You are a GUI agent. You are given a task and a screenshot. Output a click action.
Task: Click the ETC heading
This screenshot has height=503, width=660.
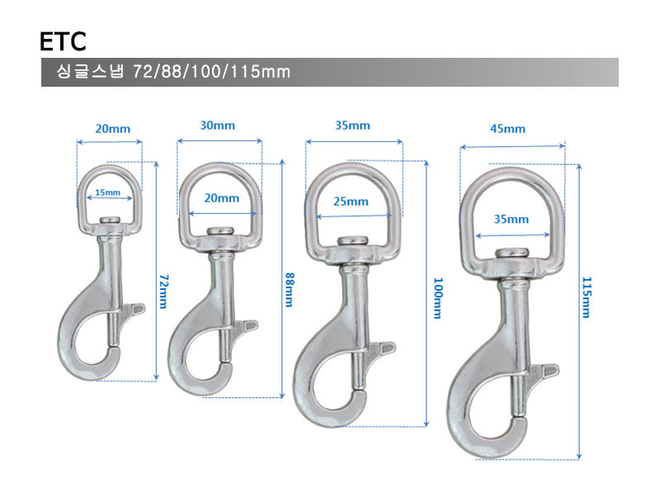click(63, 41)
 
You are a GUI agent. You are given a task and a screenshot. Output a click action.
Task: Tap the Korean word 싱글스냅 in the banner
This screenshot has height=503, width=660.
click(90, 71)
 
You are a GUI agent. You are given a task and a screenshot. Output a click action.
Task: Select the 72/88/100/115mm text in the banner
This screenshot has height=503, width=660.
click(211, 72)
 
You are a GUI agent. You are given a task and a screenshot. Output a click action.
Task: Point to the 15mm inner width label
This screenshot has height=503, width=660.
click(108, 192)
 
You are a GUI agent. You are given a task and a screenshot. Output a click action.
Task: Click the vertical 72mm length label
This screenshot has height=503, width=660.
click(163, 291)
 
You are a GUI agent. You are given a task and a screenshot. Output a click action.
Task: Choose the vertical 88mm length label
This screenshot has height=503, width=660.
click(290, 289)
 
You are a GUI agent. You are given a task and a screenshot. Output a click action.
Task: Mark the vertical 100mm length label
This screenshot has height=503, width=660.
click(438, 297)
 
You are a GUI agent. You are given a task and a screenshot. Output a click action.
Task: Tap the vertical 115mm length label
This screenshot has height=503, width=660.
click(587, 297)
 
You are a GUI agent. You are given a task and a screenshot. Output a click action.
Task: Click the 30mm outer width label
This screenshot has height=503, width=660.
click(217, 126)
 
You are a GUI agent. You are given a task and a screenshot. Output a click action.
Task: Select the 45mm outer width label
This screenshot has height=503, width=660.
click(507, 129)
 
